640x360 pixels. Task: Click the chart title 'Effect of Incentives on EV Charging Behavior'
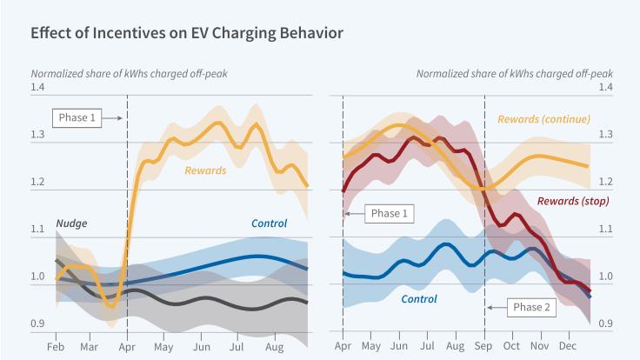pos(186,34)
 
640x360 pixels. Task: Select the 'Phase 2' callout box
pos(531,307)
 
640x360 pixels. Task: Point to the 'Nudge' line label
pos(71,223)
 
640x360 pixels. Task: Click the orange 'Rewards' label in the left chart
pos(204,170)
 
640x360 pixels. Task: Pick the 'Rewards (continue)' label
pos(543,119)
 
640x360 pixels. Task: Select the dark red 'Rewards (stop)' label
pos(572,201)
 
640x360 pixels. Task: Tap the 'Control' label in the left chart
pos(269,223)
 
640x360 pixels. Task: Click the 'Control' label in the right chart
pos(418,298)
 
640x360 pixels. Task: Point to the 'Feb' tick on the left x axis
pos(57,346)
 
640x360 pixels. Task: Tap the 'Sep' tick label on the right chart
pos(483,346)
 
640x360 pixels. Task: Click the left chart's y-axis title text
pos(130,73)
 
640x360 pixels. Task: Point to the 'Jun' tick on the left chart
pos(201,346)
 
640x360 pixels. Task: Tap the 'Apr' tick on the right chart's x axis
pos(343,346)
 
